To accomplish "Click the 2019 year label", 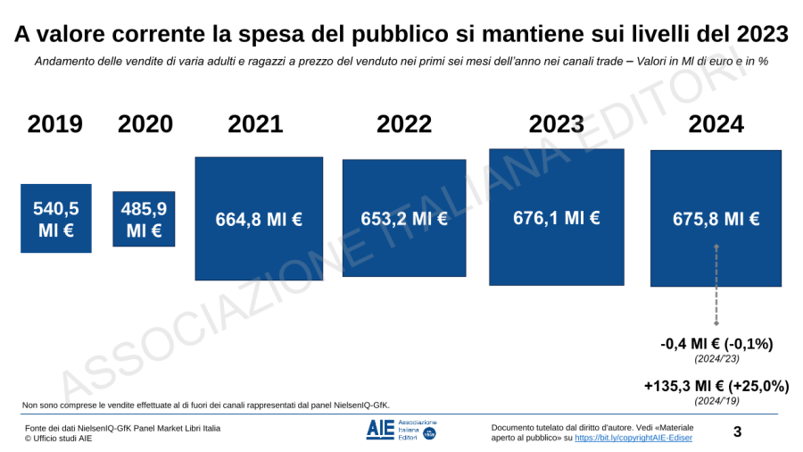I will click(x=55, y=124).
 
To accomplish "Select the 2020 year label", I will click(x=145, y=124).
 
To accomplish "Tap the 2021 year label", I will click(x=255, y=124).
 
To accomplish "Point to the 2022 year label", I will click(x=404, y=124).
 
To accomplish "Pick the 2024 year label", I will click(x=716, y=124).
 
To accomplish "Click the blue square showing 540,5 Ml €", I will click(x=56, y=219).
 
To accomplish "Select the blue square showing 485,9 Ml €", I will click(x=144, y=219).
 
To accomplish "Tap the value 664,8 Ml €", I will click(x=259, y=220).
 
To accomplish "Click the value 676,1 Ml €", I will click(x=557, y=217).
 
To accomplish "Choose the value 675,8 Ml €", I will click(x=716, y=219).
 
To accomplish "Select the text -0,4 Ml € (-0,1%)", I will click(x=716, y=344).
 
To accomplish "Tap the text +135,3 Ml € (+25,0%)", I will click(x=716, y=386).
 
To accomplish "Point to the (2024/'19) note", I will click(x=716, y=401).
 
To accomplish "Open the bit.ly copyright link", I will click(x=633, y=438).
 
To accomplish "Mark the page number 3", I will click(x=737, y=432).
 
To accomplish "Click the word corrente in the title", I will click(x=152, y=34).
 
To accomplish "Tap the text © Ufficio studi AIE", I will click(x=58, y=439).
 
